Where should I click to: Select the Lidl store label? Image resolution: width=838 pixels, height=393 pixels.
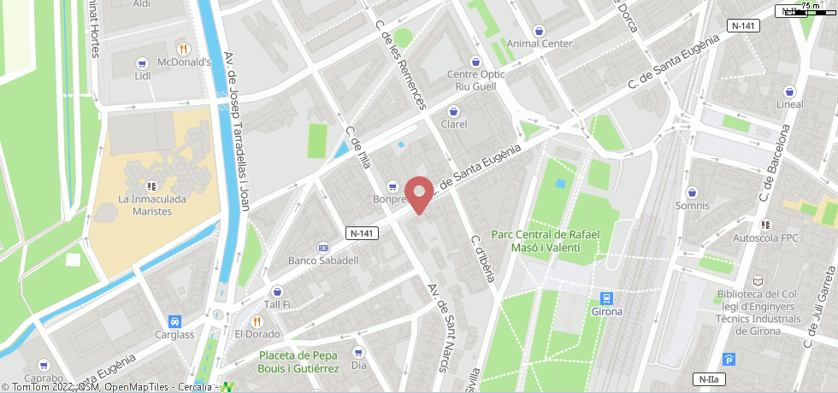click(143, 75)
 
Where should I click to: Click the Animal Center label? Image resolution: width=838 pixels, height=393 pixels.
click(539, 44)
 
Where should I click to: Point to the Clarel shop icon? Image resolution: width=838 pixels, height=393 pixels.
click(453, 110)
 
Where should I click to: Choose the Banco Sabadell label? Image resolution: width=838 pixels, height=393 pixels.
click(323, 261)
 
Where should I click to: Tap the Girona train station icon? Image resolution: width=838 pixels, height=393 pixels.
click(606, 298)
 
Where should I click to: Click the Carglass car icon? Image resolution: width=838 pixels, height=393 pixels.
click(175, 321)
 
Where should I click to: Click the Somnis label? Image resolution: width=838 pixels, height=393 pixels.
click(692, 206)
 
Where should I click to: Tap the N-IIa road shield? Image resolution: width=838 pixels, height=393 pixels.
click(707, 378)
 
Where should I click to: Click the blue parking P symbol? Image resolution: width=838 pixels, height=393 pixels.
click(729, 360)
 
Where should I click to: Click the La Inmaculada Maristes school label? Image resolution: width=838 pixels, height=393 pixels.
click(150, 206)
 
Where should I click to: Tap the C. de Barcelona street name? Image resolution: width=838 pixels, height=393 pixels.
click(775, 161)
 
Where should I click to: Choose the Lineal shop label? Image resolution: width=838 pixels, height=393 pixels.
click(789, 104)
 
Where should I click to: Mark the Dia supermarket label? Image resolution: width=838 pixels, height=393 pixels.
click(358, 366)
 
